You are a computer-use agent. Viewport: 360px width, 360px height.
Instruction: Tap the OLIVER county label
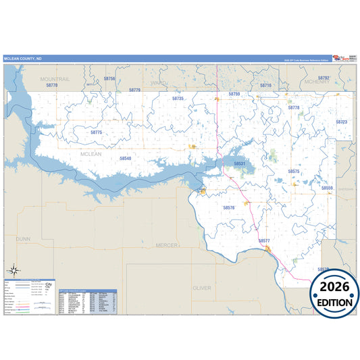(x=201, y=288)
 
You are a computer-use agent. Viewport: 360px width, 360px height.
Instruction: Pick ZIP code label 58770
(x=52, y=86)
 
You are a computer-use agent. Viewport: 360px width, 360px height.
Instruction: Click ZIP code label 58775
(x=96, y=132)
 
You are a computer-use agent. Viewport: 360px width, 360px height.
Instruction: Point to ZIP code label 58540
(x=126, y=158)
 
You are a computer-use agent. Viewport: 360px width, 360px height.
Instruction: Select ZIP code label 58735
(x=178, y=99)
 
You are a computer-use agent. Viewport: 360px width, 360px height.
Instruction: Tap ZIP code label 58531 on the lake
(x=240, y=163)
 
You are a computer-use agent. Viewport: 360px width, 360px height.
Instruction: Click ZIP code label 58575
(x=294, y=172)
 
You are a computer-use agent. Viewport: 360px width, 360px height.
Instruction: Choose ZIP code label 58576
(x=229, y=207)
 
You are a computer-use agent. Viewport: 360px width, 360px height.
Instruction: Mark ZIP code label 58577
(x=264, y=240)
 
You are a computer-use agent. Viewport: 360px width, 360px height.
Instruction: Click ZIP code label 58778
(x=294, y=107)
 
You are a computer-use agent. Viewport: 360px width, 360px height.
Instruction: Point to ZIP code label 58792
(x=324, y=78)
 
